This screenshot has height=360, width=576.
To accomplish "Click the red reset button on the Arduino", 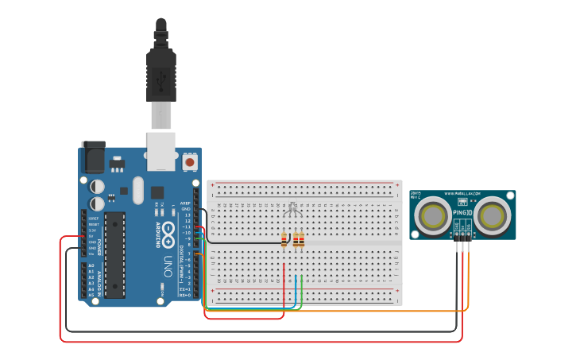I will coord(190,162).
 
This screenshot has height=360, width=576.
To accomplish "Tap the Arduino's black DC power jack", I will coord(93,157).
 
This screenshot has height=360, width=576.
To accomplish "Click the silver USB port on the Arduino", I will coord(161,151).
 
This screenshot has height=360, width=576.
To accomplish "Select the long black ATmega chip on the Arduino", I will coord(114,254).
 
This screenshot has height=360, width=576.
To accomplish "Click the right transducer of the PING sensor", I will coord(493,215).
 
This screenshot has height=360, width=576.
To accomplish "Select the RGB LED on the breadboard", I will coord(292,211).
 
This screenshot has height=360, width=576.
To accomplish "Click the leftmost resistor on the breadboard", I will coord(284,238).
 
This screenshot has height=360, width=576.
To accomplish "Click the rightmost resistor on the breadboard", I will coord(301,238).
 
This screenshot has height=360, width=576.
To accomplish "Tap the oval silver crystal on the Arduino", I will coord(138,190).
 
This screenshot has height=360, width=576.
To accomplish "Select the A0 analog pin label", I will coord(91,265).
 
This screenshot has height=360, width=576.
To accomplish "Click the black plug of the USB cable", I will coord(160,75).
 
